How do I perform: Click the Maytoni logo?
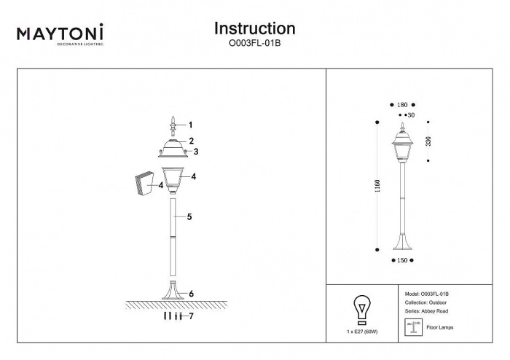point(60,34)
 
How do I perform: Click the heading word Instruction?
point(254,28)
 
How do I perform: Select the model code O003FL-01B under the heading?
point(254,43)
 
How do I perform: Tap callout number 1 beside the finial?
point(191,125)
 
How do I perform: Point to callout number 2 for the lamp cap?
point(191,141)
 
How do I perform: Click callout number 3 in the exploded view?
point(196,152)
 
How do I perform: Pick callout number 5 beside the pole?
point(189,217)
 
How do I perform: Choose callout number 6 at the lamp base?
point(191,294)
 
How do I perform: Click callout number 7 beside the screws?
point(191,316)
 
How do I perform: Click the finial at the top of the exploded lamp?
point(173,126)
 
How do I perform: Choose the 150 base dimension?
point(401,259)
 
